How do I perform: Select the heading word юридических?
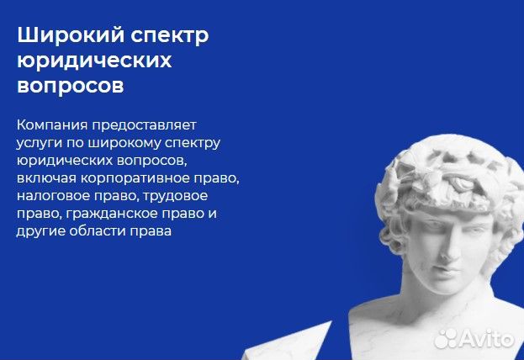(94, 61)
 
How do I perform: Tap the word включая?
(44, 177)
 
